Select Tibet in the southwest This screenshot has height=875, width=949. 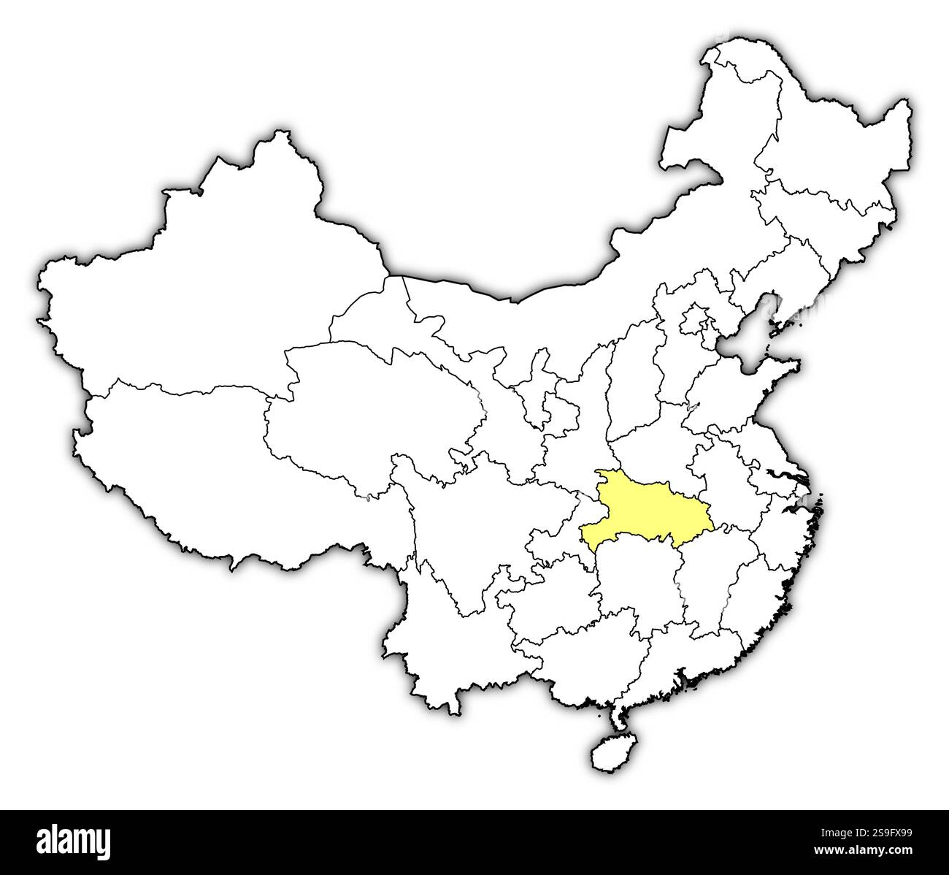(182, 453)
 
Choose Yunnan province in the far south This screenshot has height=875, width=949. (438, 635)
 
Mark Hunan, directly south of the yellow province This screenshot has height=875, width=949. (635, 584)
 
